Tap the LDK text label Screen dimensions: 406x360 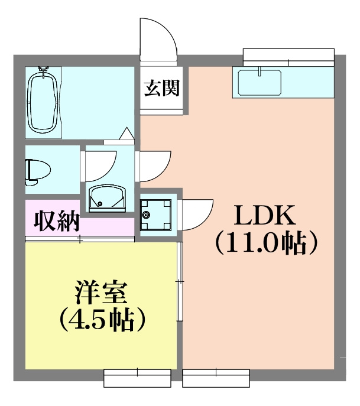(x=264, y=217)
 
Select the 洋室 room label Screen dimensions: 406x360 (x=101, y=294)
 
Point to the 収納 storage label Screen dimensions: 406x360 (x=57, y=220)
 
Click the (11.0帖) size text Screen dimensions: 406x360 (x=264, y=242)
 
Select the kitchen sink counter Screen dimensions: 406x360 (x=260, y=83)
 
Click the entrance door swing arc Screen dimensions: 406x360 (x=158, y=38)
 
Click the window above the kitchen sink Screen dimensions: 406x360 (x=288, y=57)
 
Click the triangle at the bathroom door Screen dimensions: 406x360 (x=127, y=135)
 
